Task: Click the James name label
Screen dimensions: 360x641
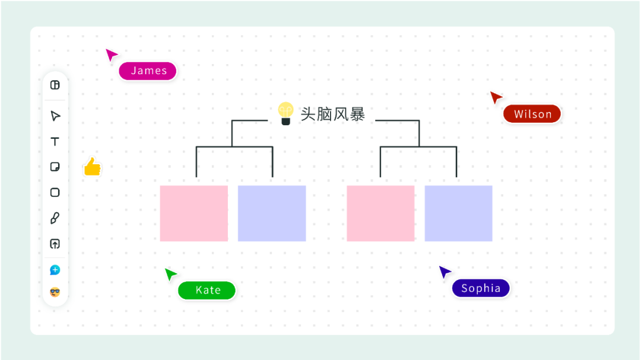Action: point(148,71)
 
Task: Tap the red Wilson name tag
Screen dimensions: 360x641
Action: point(532,114)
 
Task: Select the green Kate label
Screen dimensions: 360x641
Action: point(207,290)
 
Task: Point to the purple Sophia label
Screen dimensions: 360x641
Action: point(481,288)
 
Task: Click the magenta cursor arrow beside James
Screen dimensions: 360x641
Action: point(111,55)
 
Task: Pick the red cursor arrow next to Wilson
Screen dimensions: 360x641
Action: point(496,97)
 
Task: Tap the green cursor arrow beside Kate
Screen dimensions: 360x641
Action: point(170,274)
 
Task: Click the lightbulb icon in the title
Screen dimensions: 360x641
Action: point(286,113)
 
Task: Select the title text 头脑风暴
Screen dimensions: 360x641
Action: point(332,114)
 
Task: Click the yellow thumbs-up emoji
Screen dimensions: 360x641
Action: point(92,167)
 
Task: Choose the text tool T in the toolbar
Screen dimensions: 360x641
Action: point(55,141)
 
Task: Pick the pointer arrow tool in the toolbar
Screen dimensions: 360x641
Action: point(55,116)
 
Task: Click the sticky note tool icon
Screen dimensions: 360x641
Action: point(55,167)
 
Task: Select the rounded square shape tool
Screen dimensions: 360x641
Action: point(55,192)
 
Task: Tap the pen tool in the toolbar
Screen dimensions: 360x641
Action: point(55,218)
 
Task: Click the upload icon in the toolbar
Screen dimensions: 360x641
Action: point(55,244)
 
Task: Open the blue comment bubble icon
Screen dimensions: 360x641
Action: point(55,270)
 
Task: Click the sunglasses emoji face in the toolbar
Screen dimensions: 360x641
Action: point(55,292)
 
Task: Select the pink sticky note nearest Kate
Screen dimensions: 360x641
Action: point(193,214)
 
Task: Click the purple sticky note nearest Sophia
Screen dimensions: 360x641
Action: point(458,214)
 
